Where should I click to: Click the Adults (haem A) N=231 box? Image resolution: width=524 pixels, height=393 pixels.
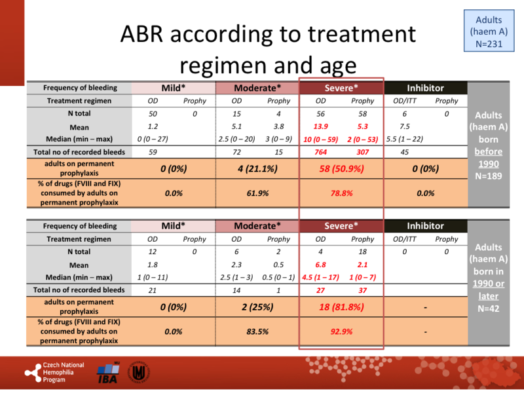489,31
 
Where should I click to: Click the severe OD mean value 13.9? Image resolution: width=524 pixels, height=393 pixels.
320,126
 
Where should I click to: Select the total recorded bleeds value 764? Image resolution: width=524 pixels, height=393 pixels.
320,152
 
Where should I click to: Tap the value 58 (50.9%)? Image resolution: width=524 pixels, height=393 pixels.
341,168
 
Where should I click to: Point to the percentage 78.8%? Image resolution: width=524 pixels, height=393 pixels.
341,193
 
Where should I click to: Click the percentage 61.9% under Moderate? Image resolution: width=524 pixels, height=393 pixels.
257,193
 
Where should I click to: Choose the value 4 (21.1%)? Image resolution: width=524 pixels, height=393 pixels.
257,168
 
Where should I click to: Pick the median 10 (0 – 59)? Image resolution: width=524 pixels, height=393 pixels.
320,140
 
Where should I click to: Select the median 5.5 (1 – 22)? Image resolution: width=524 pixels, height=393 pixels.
404,140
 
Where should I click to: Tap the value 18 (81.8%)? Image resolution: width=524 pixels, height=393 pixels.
341,307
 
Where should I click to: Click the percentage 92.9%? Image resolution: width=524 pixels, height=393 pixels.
341,332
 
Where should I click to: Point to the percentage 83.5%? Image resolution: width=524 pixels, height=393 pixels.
257,332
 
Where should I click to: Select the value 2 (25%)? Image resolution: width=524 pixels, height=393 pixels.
257,307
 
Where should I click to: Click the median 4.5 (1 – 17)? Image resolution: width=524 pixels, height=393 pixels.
320,277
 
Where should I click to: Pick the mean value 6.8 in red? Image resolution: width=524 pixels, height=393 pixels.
320,265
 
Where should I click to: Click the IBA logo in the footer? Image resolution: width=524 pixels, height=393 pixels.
107,373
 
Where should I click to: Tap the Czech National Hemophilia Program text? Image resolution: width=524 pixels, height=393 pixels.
63,373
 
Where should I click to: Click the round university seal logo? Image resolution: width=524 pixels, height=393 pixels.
139,373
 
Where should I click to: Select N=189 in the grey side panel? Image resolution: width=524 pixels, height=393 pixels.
489,176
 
